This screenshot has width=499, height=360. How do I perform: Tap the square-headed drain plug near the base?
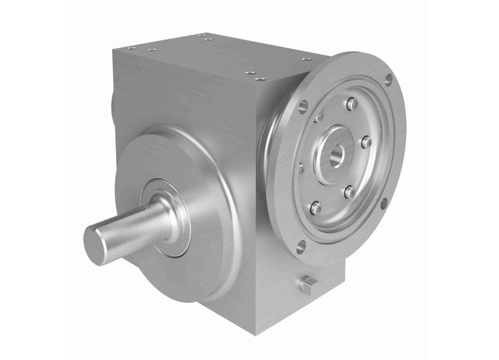pos(307,285)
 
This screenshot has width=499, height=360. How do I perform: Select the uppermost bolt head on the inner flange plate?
pos(352,103)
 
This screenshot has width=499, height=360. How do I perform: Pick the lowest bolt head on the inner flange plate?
pos(315,207)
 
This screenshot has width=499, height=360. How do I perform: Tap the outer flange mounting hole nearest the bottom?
pos(301,246)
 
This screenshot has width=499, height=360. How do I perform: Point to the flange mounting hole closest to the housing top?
pos(303,106)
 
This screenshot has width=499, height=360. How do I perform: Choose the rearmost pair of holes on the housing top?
pos(204,36)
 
